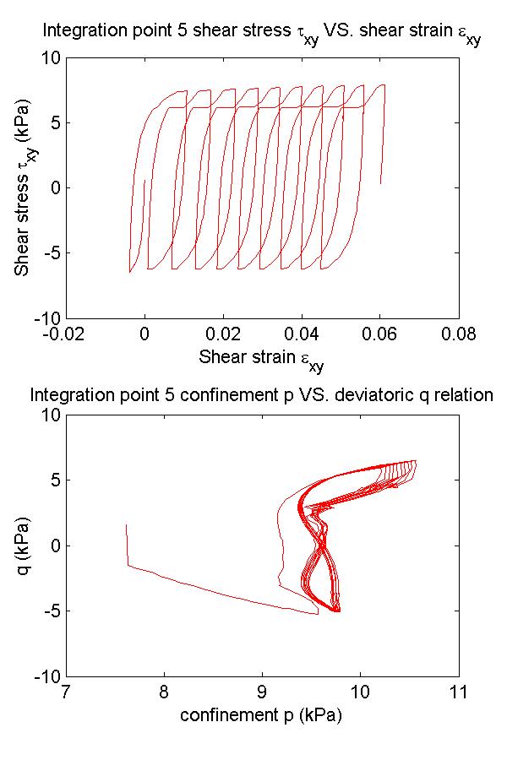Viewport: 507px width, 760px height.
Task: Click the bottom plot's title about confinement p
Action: (261, 394)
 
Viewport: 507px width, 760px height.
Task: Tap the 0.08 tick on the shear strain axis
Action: (458, 334)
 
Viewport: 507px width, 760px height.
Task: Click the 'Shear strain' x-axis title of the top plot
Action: (261, 358)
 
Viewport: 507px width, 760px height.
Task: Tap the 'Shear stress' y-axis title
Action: (23, 187)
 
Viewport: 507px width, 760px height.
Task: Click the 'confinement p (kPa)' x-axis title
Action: (261, 716)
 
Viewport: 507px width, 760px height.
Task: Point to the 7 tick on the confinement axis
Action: (66, 692)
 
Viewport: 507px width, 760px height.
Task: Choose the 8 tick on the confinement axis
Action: (164, 692)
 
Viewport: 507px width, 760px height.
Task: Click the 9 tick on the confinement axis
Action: (262, 692)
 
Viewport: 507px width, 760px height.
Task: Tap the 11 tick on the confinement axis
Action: (458, 692)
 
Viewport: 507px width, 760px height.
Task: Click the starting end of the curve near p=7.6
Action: (126, 524)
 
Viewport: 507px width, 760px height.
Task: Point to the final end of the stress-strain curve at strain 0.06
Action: (380, 183)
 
